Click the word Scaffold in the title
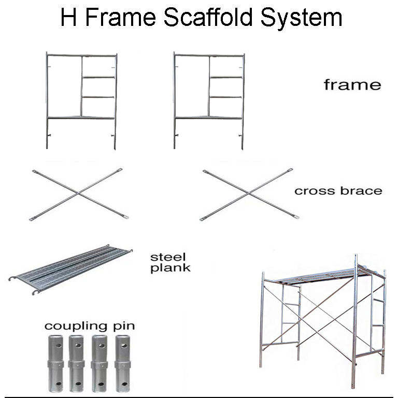[208, 17]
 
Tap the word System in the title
[302, 18]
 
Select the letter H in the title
[68, 17]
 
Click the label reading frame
[352, 84]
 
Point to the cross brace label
[338, 191]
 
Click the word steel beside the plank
[168, 257]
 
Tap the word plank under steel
[170, 268]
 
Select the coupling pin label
[90, 326]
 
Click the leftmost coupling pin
[55, 364]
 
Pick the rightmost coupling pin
[123, 364]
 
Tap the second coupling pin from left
[76, 364]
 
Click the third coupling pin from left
[99, 364]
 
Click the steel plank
[70, 269]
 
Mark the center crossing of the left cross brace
[78, 194]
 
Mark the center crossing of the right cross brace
[249, 194]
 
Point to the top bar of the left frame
[81, 55]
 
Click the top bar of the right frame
[209, 55]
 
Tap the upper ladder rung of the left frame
[98, 77]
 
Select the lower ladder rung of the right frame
[225, 97]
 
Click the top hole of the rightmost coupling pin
[124, 346]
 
